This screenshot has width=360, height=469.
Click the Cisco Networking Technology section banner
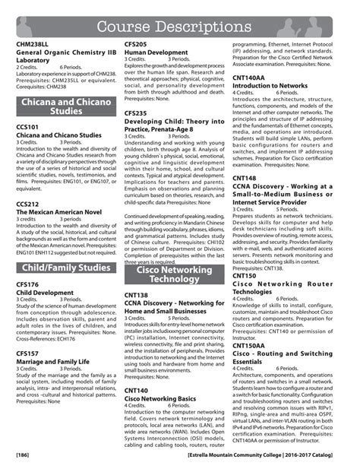[174, 274]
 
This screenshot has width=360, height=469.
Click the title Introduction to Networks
[270, 87]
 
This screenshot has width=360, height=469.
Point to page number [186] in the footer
[24, 455]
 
